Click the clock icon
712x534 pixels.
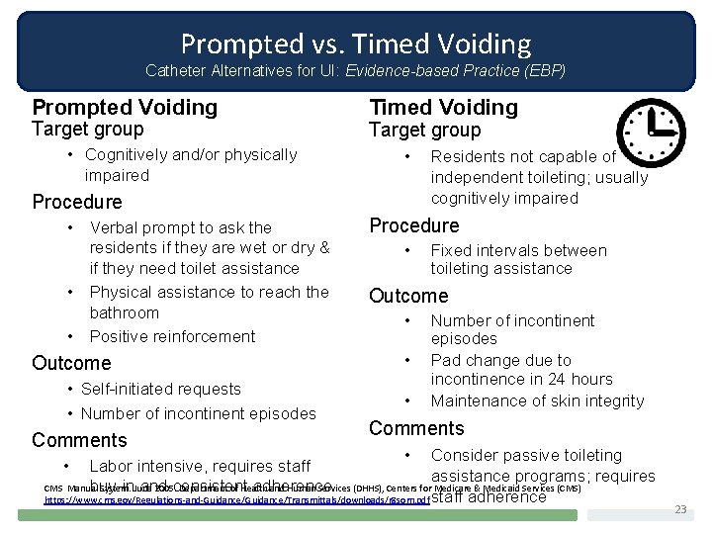click(x=650, y=131)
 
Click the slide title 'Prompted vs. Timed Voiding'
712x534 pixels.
click(x=356, y=44)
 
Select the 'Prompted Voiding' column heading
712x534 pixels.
click(x=125, y=107)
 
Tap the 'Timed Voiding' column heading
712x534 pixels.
click(x=443, y=107)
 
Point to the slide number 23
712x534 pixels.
click(x=679, y=508)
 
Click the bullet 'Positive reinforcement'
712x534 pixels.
click(x=172, y=336)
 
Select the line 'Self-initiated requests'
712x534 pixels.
click(x=160, y=389)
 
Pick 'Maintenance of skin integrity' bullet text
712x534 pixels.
click(x=537, y=400)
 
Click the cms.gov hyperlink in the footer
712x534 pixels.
click(x=237, y=501)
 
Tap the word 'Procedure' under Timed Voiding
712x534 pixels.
click(x=413, y=225)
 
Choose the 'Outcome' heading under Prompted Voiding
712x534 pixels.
click(x=71, y=363)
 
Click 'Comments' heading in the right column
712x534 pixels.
click(x=416, y=428)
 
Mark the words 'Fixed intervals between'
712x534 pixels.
click(x=518, y=250)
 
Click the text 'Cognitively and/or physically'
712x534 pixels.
click(x=191, y=154)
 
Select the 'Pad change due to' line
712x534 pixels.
click(x=500, y=360)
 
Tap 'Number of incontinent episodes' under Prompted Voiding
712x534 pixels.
click(x=198, y=413)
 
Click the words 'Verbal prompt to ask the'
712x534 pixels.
click(x=180, y=227)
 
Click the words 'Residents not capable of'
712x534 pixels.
click(x=523, y=156)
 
